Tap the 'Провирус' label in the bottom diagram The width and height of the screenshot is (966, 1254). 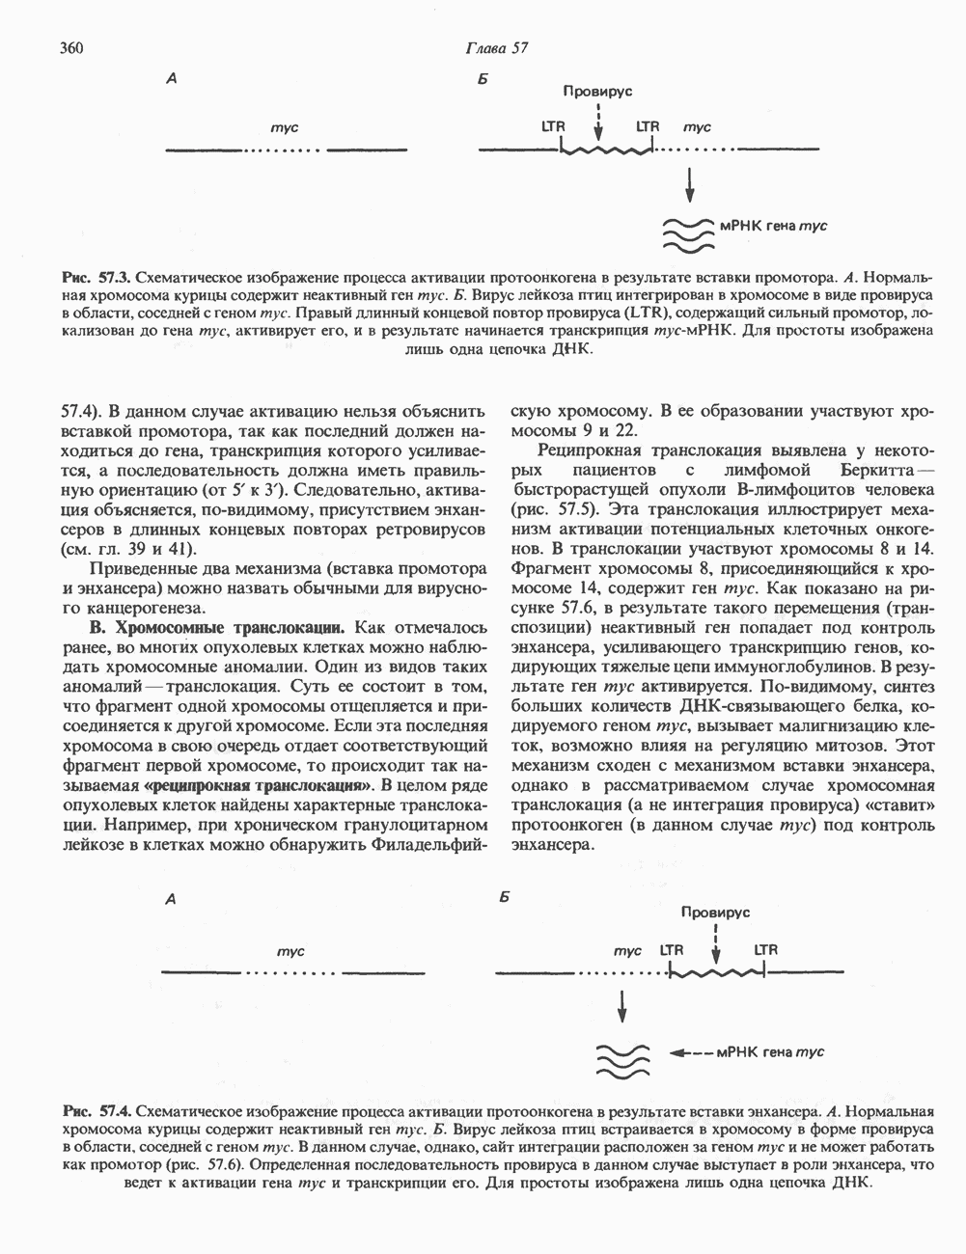pos(715,912)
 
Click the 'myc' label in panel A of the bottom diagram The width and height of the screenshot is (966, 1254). pos(290,951)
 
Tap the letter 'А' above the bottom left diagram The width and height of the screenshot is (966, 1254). pos(170,899)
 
